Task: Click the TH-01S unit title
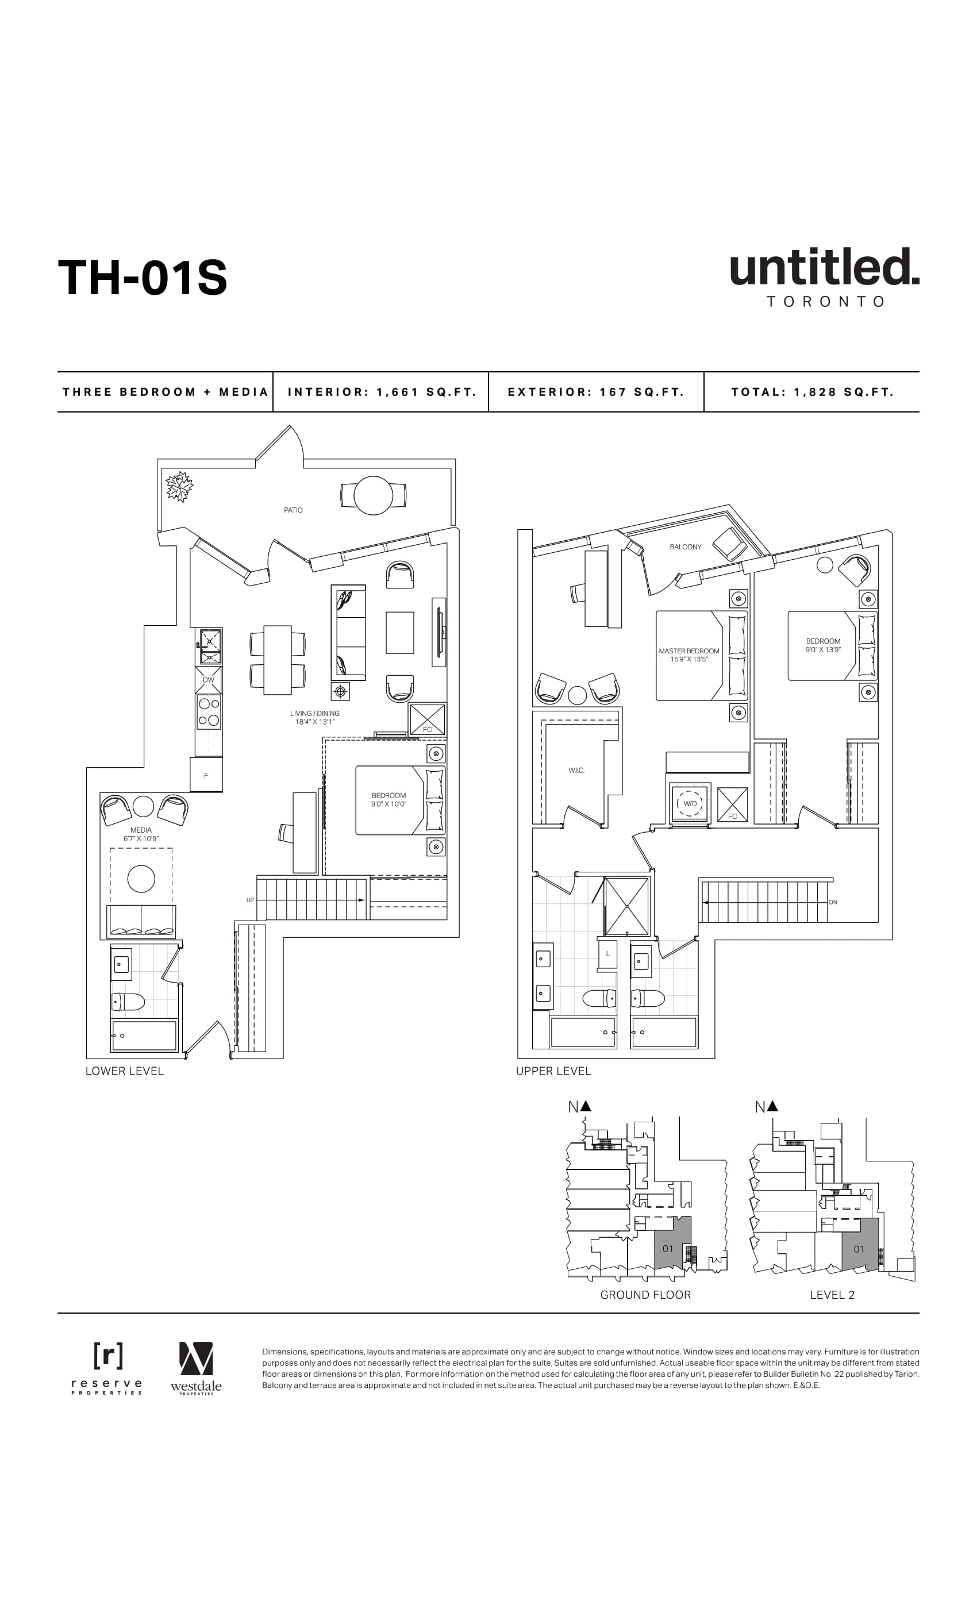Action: point(143,278)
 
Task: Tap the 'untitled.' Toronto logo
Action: point(824,276)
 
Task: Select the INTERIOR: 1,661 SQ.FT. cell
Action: point(382,392)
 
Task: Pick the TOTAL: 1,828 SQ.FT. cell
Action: point(811,392)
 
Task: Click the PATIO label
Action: point(293,510)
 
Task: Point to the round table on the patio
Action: point(373,495)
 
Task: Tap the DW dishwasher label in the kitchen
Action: point(208,680)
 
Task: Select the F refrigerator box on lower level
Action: point(206,775)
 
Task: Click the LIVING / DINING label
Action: point(315,717)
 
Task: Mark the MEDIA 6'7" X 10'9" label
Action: point(141,834)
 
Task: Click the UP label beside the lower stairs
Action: point(250,900)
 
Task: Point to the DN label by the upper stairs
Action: point(833,902)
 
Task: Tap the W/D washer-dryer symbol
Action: point(690,804)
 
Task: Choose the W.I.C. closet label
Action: point(576,771)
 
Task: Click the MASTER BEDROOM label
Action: point(689,655)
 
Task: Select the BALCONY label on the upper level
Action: point(685,547)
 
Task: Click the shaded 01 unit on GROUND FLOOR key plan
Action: point(670,1249)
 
